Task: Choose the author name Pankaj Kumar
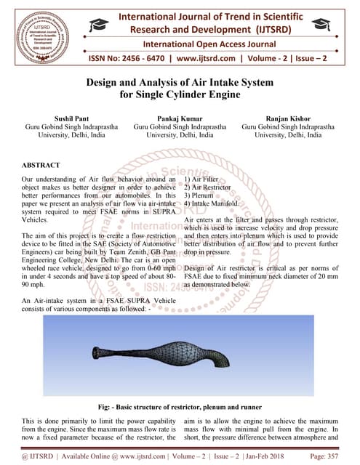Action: point(180,117)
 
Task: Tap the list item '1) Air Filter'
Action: point(205,179)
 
